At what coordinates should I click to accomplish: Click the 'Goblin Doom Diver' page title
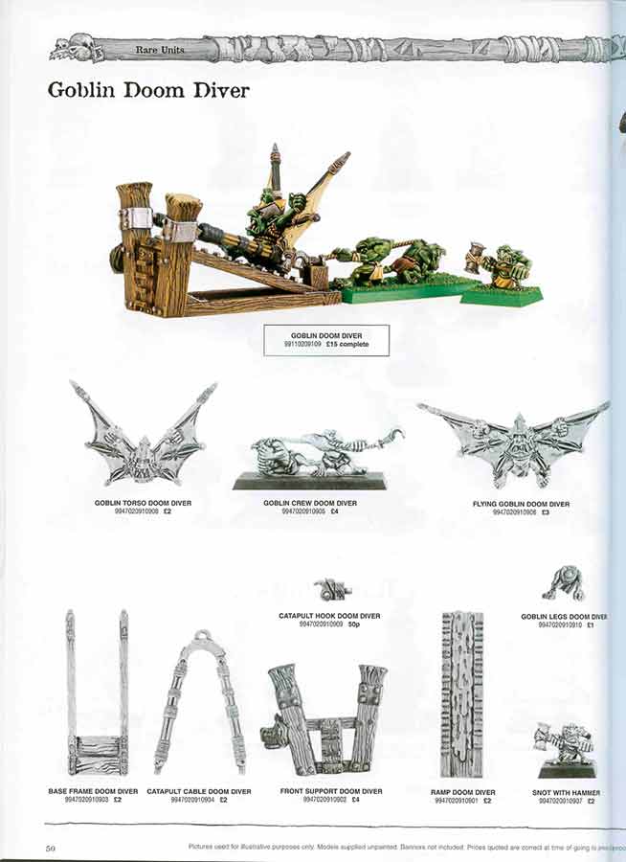[x=148, y=91]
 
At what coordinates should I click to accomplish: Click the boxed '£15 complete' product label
[x=326, y=340]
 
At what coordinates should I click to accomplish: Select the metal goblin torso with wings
[x=144, y=436]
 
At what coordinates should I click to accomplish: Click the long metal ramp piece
[x=461, y=693]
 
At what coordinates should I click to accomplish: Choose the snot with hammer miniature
[x=567, y=748]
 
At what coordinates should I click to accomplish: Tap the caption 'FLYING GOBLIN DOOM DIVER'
[x=521, y=504]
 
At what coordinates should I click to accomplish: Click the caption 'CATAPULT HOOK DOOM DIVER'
[x=329, y=616]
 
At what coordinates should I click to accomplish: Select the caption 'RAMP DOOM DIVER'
[x=463, y=792]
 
